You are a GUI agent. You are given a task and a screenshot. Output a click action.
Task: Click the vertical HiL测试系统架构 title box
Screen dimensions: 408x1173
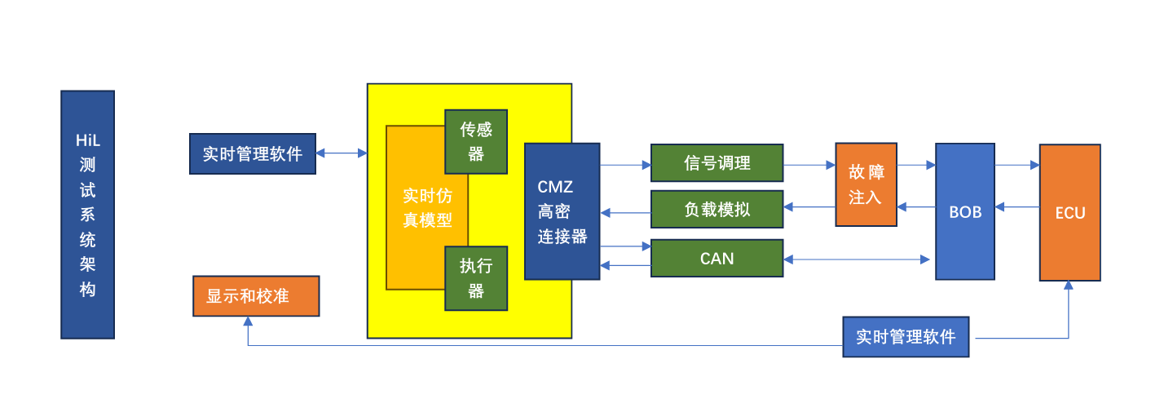point(87,214)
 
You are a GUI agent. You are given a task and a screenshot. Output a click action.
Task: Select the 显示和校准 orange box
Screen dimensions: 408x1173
point(256,295)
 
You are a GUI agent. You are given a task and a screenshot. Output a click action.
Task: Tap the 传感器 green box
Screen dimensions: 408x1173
point(476,141)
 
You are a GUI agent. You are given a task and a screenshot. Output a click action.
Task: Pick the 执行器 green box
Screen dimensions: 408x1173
point(476,278)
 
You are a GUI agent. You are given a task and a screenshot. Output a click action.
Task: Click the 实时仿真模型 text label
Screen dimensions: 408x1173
point(427,208)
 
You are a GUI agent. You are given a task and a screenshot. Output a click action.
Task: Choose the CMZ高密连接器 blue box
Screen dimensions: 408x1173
point(562,211)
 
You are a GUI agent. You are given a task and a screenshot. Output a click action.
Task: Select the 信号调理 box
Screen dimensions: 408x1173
point(717,162)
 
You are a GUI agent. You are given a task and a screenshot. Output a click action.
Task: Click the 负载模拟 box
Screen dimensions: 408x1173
point(717,209)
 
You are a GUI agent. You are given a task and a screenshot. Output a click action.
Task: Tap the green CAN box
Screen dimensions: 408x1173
point(717,259)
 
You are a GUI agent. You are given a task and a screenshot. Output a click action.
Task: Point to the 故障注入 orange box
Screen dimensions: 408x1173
point(866,184)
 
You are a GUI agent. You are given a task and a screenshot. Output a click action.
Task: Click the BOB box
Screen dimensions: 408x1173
point(965,211)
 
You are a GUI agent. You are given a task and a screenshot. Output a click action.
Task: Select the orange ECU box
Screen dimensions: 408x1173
point(1069,213)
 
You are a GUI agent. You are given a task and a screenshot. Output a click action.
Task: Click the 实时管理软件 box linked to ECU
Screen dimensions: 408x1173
point(906,337)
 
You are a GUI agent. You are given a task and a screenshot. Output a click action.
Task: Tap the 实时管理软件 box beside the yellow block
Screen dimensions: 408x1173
point(253,153)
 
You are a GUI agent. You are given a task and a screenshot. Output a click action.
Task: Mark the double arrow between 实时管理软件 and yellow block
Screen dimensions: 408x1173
point(342,153)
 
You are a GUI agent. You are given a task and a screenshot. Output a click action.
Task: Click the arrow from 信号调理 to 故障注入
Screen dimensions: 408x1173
point(809,164)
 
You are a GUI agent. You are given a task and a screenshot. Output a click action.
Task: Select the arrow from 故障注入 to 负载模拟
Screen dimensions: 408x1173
point(809,207)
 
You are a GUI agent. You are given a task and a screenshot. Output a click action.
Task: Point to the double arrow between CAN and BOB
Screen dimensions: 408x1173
point(856,259)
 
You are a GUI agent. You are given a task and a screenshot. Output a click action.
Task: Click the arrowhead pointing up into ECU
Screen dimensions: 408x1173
point(1069,286)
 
